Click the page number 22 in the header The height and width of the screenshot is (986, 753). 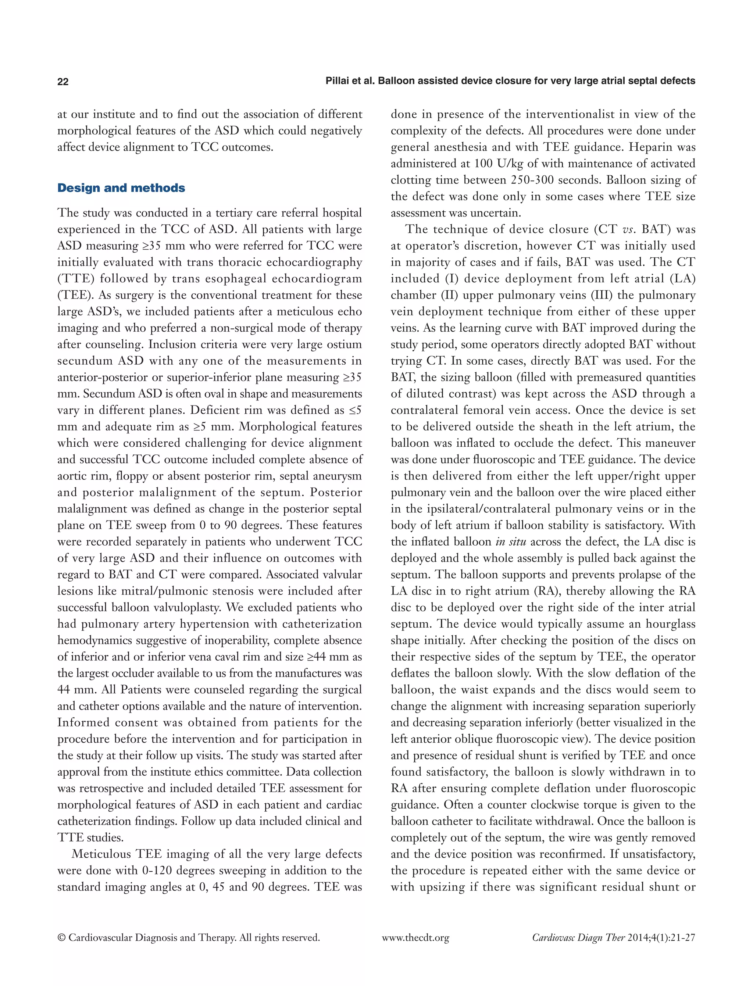coord(63,82)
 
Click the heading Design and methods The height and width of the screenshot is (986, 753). coord(121,188)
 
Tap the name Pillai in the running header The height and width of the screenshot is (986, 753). coord(340,81)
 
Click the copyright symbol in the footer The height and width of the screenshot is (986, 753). coord(61,937)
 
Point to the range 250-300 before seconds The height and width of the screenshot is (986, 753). coord(538,180)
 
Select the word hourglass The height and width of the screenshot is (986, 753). coord(670,624)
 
